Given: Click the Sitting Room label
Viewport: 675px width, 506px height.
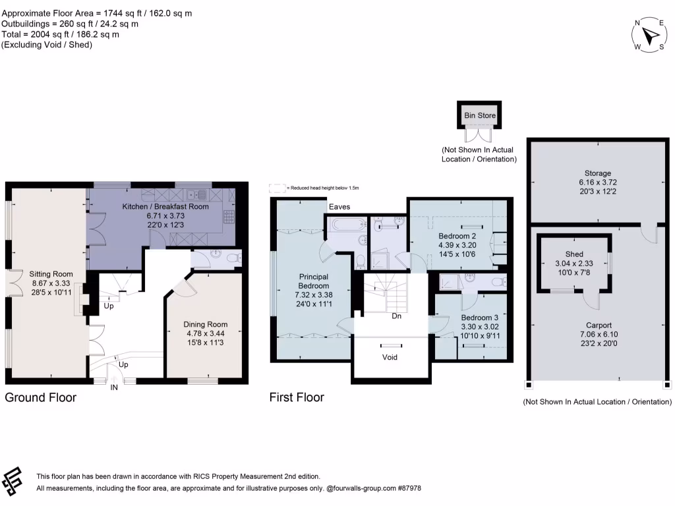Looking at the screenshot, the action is (x=51, y=274).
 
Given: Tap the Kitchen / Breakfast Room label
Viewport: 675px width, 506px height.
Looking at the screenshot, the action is (x=165, y=206).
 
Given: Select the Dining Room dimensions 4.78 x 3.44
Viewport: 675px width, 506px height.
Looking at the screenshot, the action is (x=206, y=333).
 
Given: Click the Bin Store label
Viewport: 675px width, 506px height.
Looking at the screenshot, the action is (x=480, y=115).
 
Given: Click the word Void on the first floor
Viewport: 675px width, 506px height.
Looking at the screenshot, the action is (x=390, y=357).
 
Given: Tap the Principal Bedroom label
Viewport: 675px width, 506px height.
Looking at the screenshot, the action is (x=313, y=281).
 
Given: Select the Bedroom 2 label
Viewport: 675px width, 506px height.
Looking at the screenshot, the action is (x=457, y=237).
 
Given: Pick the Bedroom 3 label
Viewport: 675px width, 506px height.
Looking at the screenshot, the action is (x=480, y=318).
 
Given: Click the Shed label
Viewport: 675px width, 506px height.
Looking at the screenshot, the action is (x=574, y=254).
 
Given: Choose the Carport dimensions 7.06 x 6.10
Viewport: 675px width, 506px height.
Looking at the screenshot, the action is (x=599, y=334).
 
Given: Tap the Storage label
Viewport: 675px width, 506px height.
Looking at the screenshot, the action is (x=597, y=173).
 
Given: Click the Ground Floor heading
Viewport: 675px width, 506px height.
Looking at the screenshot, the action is (x=40, y=397).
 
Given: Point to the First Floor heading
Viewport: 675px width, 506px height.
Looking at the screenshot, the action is (x=297, y=397).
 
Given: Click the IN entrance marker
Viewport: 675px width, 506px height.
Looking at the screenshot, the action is (x=113, y=387).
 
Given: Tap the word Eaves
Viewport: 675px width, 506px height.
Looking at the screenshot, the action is (x=339, y=207).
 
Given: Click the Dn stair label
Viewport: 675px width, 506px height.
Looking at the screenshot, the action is (x=396, y=316).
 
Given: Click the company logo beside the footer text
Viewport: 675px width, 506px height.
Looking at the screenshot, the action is (x=12, y=481).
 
